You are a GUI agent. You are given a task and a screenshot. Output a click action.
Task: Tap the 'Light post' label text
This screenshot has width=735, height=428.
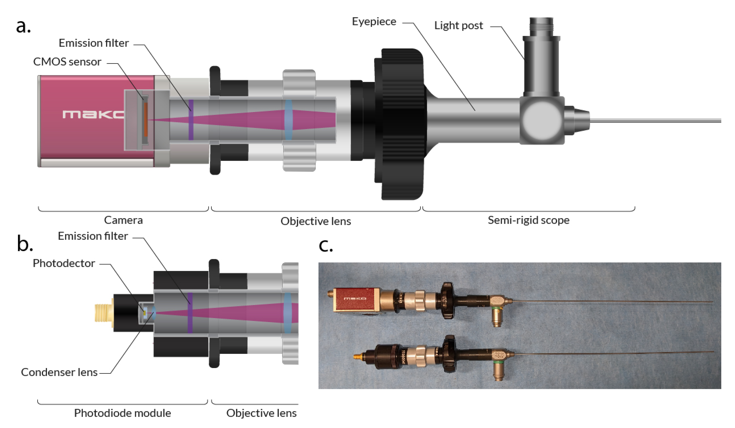(x=458, y=26)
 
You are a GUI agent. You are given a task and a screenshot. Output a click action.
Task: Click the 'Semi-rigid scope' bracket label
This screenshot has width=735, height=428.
(x=528, y=220)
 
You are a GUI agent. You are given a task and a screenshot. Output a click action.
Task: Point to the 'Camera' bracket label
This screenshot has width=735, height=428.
(x=123, y=220)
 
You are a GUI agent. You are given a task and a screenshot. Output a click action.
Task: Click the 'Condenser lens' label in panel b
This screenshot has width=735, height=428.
(x=59, y=372)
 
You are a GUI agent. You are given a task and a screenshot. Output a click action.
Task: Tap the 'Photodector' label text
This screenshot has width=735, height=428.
(x=64, y=263)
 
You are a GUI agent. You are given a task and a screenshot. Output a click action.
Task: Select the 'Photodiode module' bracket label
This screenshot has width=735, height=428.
(x=123, y=413)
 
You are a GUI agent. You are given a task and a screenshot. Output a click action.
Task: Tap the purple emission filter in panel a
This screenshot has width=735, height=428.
(x=191, y=120)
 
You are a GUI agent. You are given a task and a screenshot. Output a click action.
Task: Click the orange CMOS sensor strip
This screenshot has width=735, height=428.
(x=146, y=120)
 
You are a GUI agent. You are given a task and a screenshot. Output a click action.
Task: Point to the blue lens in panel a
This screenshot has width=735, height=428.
(x=288, y=120)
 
